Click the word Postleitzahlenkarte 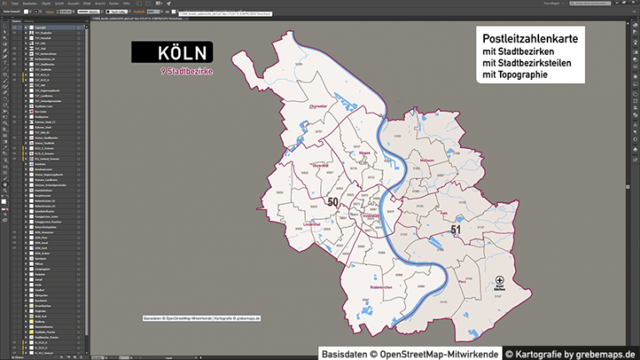coord(530,38)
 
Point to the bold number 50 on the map coord(333,202)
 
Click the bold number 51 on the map coord(455,229)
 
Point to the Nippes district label coord(365,152)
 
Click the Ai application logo coord(4,3)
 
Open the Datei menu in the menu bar coord(16,3)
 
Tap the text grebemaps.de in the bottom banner coord(607,354)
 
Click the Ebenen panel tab coord(17,21)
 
